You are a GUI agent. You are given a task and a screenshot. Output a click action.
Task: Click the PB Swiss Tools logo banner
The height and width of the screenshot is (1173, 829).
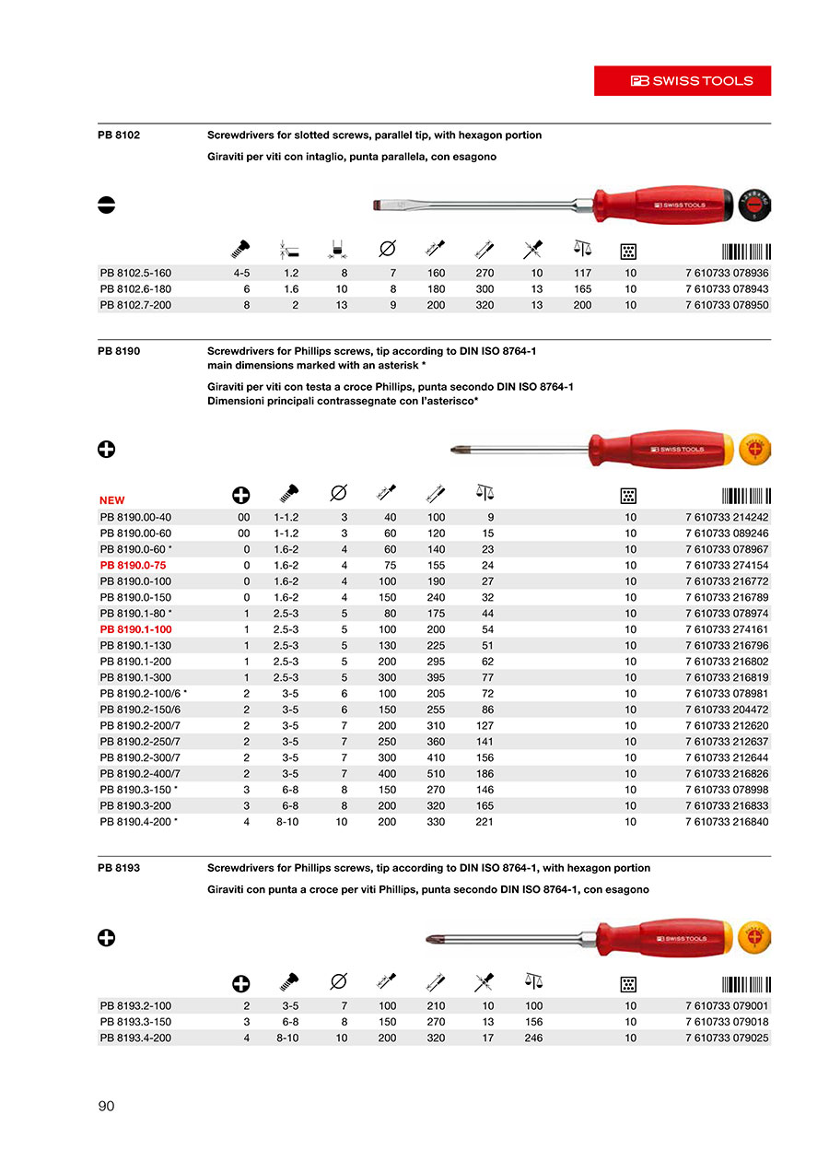click(682, 81)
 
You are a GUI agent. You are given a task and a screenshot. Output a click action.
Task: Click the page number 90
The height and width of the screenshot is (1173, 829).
click(106, 1106)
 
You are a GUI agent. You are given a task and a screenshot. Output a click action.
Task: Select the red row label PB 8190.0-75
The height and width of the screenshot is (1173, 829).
click(133, 565)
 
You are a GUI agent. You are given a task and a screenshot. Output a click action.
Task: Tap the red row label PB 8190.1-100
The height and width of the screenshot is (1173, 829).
click(135, 629)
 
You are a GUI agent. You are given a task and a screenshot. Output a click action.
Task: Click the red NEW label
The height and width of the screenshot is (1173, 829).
click(111, 500)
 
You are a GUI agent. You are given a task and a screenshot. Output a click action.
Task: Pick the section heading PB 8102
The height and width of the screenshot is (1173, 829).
click(118, 135)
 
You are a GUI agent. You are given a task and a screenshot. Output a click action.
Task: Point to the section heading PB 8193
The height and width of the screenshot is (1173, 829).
click(118, 868)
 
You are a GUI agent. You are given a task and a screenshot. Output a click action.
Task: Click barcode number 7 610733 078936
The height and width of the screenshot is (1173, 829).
click(727, 273)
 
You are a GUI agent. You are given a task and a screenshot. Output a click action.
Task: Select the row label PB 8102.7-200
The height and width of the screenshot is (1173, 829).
click(135, 305)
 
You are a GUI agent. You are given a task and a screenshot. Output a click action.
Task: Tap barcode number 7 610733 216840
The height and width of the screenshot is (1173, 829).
click(727, 821)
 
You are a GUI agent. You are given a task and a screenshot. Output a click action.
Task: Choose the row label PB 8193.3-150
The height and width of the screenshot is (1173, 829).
click(135, 1022)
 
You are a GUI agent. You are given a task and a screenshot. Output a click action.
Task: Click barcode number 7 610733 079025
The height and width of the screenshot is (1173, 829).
click(727, 1038)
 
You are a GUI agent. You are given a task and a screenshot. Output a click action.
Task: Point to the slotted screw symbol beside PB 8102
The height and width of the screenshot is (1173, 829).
click(106, 205)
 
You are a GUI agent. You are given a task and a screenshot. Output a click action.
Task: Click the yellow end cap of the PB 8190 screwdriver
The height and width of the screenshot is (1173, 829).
click(754, 450)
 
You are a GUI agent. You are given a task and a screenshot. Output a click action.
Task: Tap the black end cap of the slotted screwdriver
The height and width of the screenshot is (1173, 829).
click(754, 203)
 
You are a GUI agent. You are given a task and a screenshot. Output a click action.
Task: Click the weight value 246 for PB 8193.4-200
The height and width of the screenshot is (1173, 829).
click(533, 1038)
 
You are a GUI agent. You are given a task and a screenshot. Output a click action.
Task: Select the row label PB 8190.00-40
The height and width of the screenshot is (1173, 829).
click(135, 517)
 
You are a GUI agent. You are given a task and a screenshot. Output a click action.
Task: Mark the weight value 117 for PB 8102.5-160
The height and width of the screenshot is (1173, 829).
click(582, 273)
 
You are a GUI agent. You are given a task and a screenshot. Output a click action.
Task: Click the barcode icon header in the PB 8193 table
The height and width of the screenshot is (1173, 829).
click(746, 984)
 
